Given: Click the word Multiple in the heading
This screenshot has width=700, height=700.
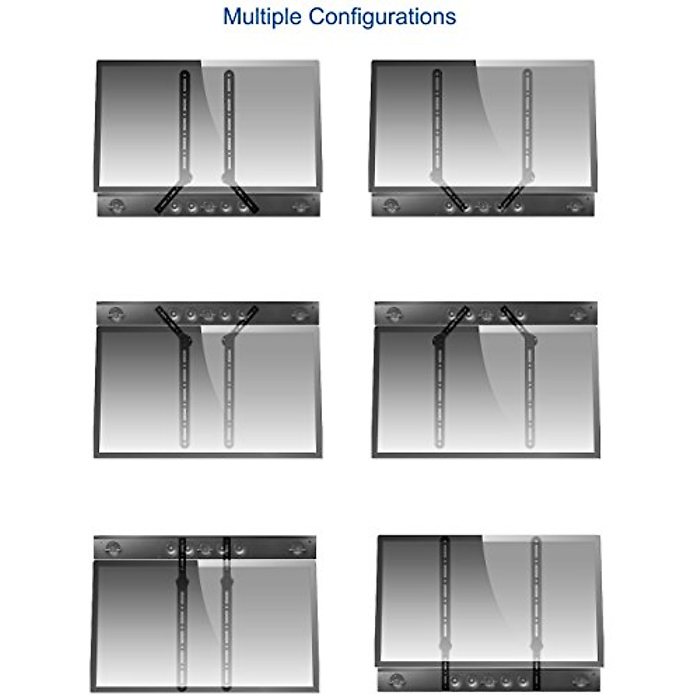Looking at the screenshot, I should pyautogui.click(x=263, y=17).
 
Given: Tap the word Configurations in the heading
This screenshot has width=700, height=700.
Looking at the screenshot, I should pyautogui.click(x=382, y=17).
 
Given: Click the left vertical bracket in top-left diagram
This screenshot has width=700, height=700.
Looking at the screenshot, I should pyautogui.click(x=185, y=123).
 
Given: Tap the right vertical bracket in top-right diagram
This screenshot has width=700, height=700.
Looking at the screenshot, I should pyautogui.click(x=527, y=123).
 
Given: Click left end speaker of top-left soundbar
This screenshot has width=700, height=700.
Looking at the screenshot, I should pyautogui.click(x=116, y=205).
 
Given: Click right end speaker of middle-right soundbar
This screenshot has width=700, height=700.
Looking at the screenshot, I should pyautogui.click(x=578, y=314).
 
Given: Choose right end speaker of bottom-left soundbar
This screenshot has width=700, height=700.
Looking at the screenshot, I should pyautogui.click(x=297, y=548).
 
